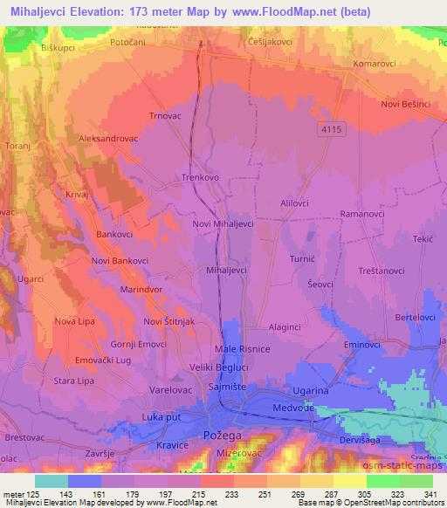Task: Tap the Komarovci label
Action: tap(376, 65)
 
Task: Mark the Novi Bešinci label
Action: tap(406, 105)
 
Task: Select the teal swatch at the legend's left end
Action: tap(52, 481)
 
